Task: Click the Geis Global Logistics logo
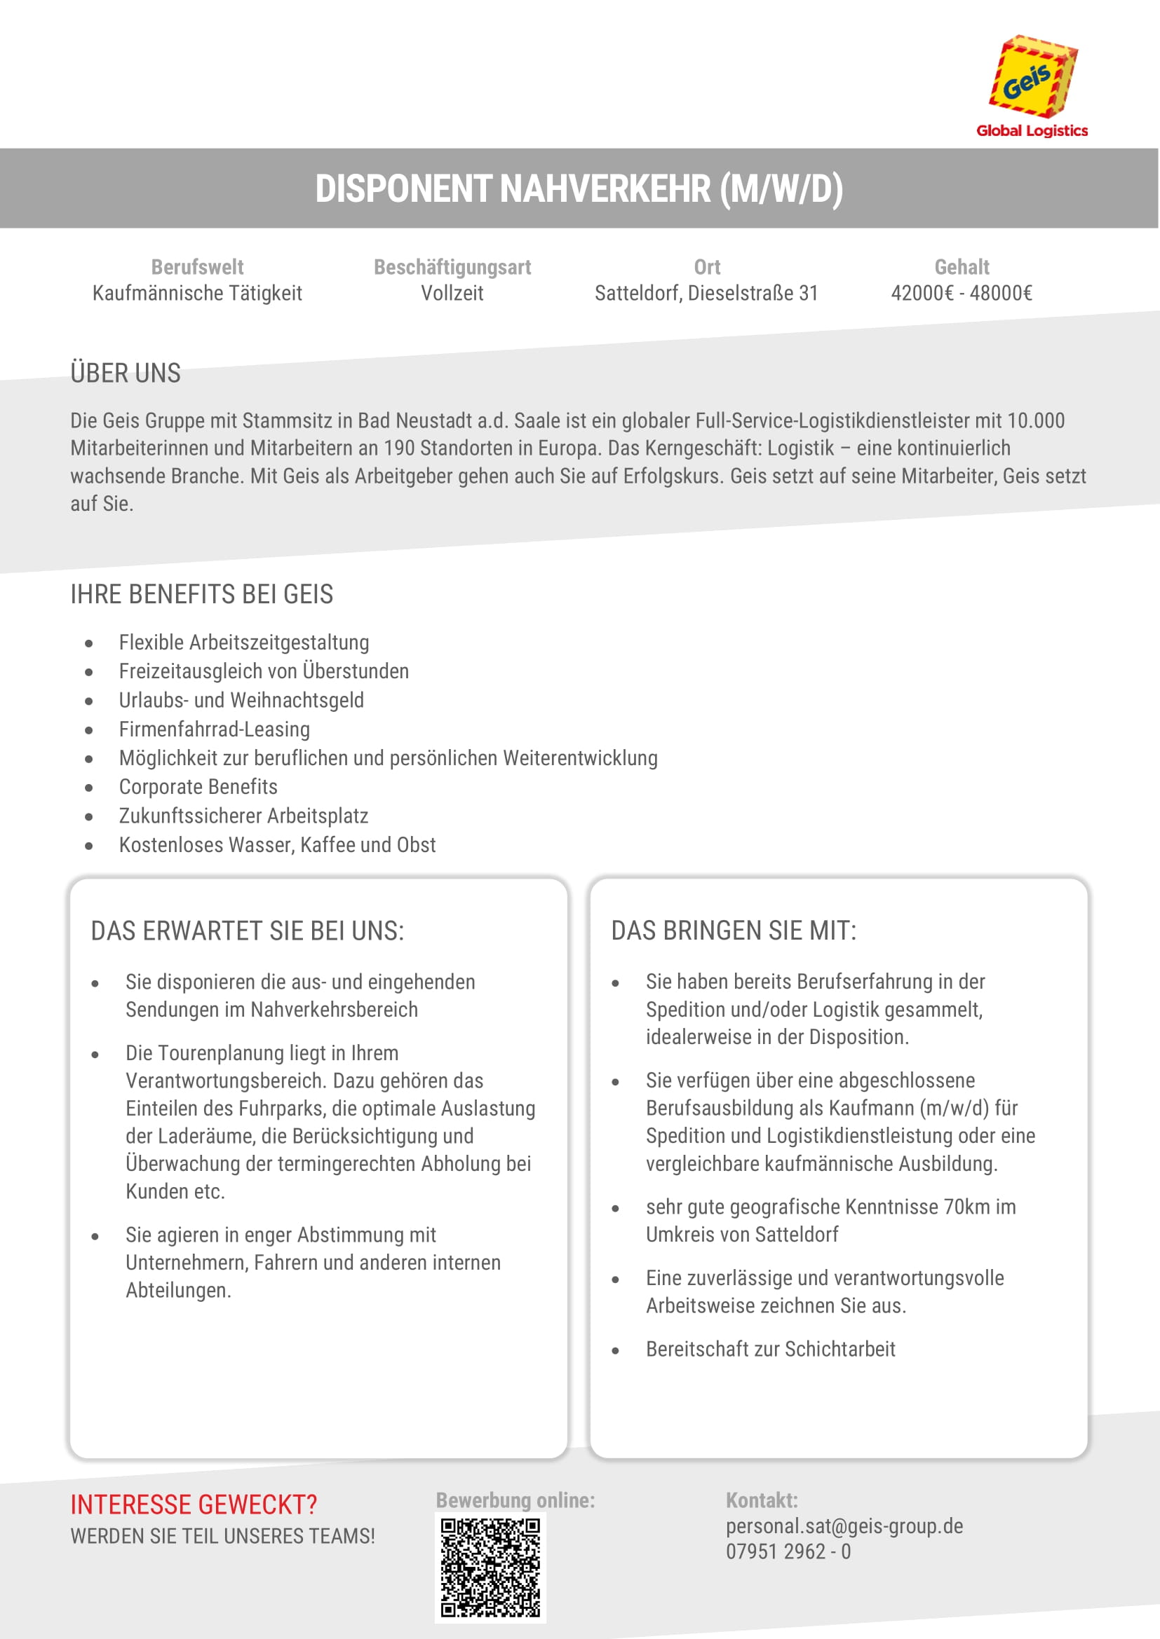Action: [x=1032, y=85]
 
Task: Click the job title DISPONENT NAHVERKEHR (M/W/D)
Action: [x=579, y=189]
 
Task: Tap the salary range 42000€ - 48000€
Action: [x=962, y=294]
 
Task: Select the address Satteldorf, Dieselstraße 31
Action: [x=706, y=294]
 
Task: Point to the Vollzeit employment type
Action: [x=452, y=294]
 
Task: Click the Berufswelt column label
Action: [x=197, y=267]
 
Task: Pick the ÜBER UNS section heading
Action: [x=126, y=373]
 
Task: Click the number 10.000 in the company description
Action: [x=1036, y=420]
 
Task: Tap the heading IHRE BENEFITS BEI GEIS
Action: [x=201, y=594]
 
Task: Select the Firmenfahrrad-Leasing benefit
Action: [x=215, y=729]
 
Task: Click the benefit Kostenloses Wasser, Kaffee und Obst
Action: [x=277, y=844]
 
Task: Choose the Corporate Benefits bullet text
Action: [x=198, y=787]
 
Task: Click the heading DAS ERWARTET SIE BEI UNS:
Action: [x=247, y=931]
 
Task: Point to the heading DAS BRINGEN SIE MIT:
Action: [x=734, y=931]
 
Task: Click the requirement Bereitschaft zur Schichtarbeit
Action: [x=770, y=1348]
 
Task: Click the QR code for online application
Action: [x=490, y=1567]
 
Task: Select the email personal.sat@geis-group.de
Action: [x=844, y=1526]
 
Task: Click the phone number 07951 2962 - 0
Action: [x=788, y=1551]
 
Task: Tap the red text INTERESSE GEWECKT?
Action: [x=194, y=1504]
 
